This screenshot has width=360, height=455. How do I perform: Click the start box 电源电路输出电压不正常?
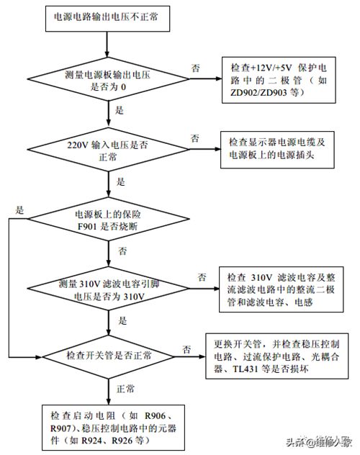(107, 18)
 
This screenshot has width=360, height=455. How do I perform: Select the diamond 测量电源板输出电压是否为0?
(108, 78)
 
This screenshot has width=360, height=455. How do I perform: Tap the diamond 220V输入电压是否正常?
(108, 150)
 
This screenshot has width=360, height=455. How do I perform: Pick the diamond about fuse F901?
(108, 219)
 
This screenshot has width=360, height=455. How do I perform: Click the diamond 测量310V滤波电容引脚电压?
(108, 289)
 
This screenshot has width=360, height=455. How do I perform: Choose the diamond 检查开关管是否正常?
(109, 356)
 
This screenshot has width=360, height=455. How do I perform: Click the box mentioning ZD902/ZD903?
(279, 80)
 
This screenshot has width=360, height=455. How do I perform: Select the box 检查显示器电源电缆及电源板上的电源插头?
(277, 150)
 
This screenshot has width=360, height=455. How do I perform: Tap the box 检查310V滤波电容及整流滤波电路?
(281, 289)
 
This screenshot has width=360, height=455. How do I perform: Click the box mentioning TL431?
(277, 356)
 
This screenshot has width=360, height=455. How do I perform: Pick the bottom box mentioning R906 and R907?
(113, 428)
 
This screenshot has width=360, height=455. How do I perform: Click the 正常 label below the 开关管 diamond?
(125, 389)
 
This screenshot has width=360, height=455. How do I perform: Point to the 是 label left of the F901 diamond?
(19, 210)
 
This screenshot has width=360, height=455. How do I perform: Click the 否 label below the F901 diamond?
(122, 251)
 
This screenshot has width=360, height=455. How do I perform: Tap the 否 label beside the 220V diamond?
(194, 138)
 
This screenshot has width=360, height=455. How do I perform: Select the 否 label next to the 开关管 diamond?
(186, 349)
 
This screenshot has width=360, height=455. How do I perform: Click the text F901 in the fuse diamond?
(87, 226)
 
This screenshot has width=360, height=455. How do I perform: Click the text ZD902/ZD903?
(258, 93)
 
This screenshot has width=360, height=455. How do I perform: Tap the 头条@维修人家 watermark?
(319, 442)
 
